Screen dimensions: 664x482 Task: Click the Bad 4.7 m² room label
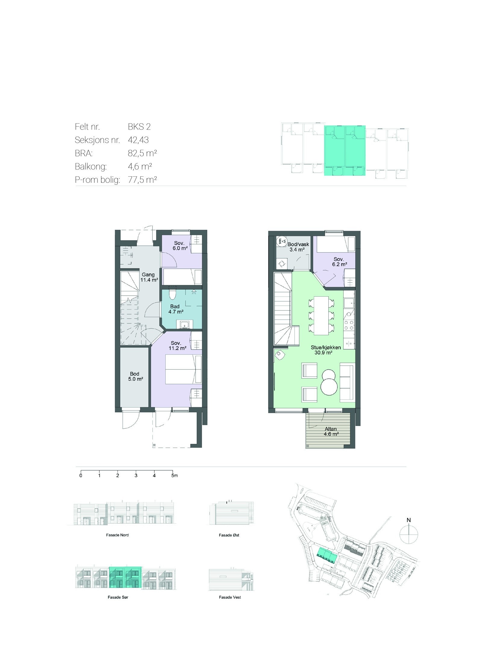pyautogui.click(x=175, y=309)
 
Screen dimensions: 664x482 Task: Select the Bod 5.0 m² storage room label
pyautogui.click(x=134, y=376)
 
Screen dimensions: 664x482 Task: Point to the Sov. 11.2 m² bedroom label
pyautogui.click(x=177, y=345)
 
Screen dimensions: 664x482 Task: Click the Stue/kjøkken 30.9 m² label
pyautogui.click(x=326, y=350)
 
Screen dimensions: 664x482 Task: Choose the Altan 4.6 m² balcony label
pyautogui.click(x=331, y=431)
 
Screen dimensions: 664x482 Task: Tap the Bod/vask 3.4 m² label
pyautogui.click(x=298, y=247)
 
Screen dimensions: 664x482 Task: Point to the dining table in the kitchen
pyautogui.click(x=321, y=315)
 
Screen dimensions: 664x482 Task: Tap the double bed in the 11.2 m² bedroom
pyautogui.click(x=183, y=370)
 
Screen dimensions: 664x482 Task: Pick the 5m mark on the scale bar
pyautogui.click(x=174, y=476)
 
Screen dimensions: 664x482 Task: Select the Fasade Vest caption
pyautogui.click(x=230, y=597)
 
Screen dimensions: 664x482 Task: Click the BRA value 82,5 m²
pyautogui.click(x=142, y=153)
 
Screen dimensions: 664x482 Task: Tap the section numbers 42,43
pyautogui.click(x=138, y=140)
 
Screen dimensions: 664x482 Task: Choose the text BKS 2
pyautogui.click(x=139, y=127)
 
